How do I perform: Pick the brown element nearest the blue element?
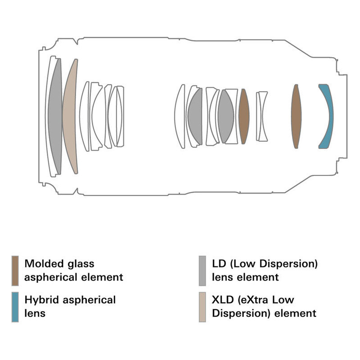(296, 116)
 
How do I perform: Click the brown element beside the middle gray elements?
(243, 116)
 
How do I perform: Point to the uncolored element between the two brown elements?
(262, 116)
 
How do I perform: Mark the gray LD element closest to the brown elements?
(225, 116)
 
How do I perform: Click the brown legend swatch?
(15, 271)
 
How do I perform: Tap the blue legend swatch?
(15, 307)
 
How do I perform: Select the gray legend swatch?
(202, 271)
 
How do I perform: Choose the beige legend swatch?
(202, 307)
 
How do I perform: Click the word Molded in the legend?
(43, 264)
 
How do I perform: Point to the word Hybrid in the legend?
(41, 300)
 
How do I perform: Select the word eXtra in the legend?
(265, 300)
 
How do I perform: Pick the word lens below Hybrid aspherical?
(35, 313)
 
